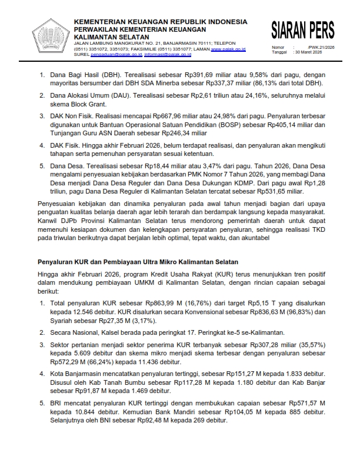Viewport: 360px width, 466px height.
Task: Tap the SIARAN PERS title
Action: (303, 30)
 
